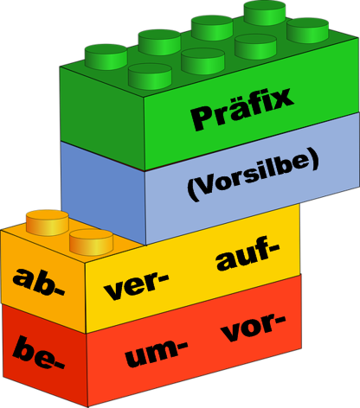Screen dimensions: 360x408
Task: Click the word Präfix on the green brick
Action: pyautogui.click(x=241, y=110)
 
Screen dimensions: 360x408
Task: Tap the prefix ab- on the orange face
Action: pyautogui.click(x=39, y=282)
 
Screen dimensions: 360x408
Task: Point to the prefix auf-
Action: pyautogui.click(x=247, y=253)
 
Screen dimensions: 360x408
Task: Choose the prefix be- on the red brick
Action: pyautogui.click(x=39, y=354)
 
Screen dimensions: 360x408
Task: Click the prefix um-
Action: pyautogui.click(x=156, y=353)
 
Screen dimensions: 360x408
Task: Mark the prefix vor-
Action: pyautogui.click(x=253, y=327)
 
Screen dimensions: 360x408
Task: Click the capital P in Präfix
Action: pyautogui.click(x=202, y=118)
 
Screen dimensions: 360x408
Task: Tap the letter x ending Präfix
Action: pyautogui.click(x=281, y=98)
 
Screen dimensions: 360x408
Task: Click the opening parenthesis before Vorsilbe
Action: pyautogui.click(x=193, y=189)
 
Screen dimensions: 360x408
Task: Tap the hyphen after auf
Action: pyautogui.click(x=273, y=247)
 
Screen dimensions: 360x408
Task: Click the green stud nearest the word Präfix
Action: pyautogui.click(x=150, y=76)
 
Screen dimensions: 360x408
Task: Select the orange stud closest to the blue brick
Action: pyautogui.click(x=91, y=242)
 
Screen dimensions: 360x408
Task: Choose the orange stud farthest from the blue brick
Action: pyautogui.click(x=48, y=222)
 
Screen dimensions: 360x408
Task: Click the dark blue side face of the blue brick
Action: pyautogui.click(x=103, y=194)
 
